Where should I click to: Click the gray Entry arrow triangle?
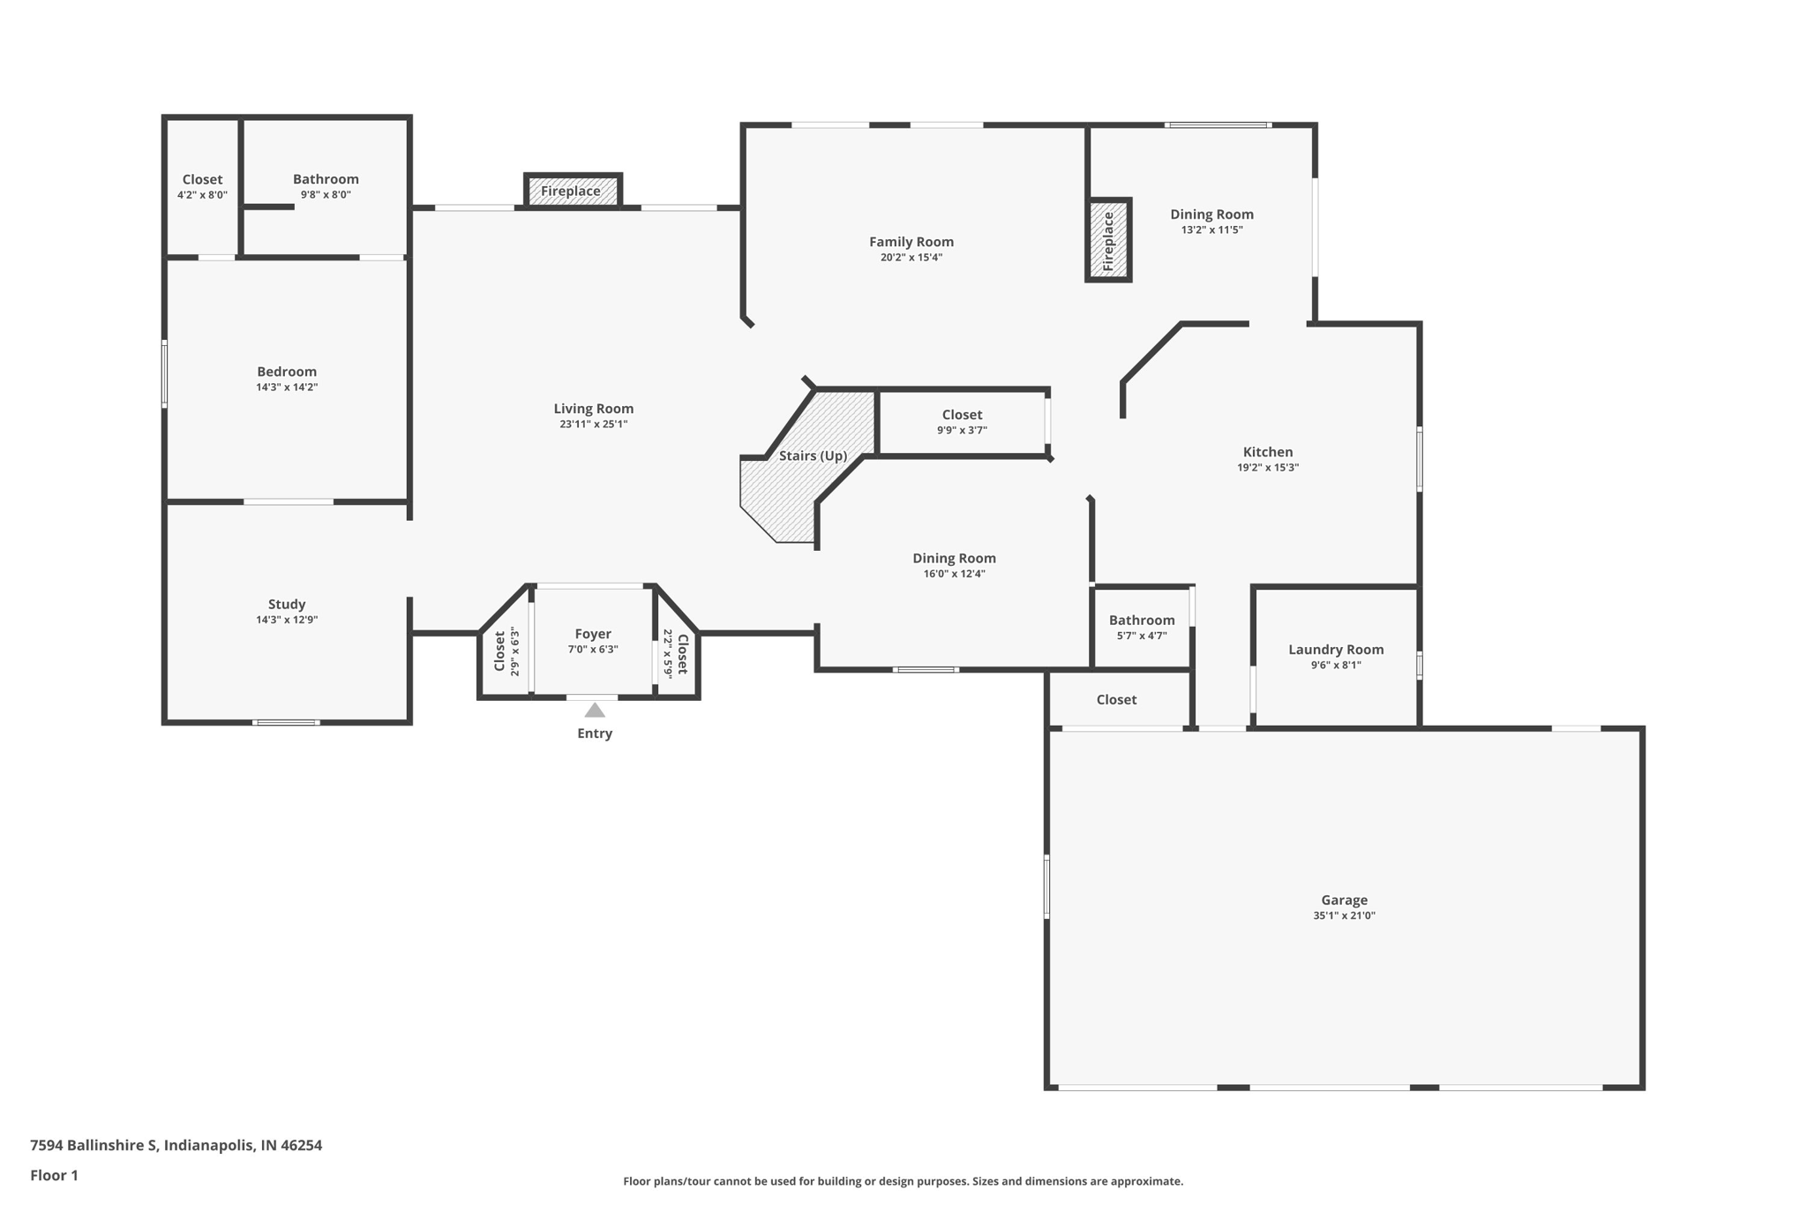[595, 710]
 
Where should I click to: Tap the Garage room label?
[1344, 900]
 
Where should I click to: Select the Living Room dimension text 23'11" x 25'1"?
[594, 424]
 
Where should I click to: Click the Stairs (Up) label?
[813, 456]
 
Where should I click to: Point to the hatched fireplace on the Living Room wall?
[573, 191]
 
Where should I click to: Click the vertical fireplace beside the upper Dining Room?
[1108, 240]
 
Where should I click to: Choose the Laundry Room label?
[1336, 650]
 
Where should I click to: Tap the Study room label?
[287, 605]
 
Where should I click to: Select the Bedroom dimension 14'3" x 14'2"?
[287, 387]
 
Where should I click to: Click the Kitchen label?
[1268, 452]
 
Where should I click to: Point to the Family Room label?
[911, 242]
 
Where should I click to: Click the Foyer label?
[593, 634]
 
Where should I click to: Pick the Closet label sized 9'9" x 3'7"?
[962, 415]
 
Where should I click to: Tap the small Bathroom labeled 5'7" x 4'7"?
[1142, 621]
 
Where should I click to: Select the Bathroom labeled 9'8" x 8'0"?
[326, 179]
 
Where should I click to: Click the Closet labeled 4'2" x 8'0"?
[202, 179]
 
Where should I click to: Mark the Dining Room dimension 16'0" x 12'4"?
[954, 574]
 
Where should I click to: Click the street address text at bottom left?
[176, 1146]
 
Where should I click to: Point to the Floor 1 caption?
[54, 1176]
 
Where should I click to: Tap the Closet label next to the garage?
[1116, 700]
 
